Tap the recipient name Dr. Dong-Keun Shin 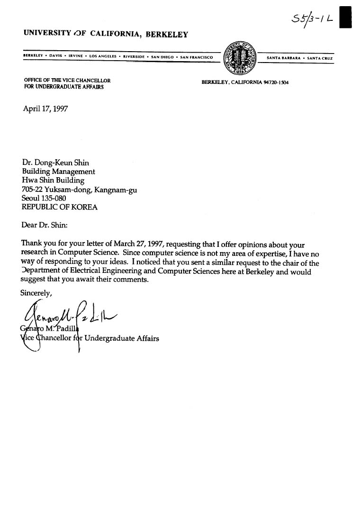(55, 163)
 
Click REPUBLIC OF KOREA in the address (60, 207)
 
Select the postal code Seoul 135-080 (44, 199)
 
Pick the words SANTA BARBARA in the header (282, 58)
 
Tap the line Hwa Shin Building (53, 181)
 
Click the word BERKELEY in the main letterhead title (167, 34)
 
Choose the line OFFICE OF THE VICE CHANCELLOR (67, 81)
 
